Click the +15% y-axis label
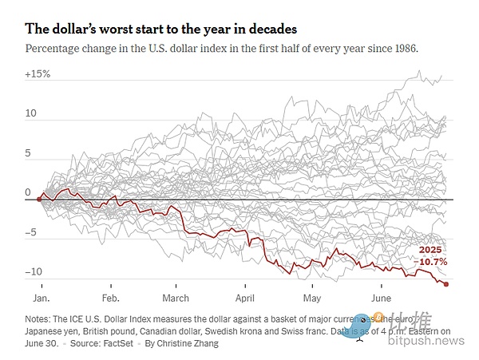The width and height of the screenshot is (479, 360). tap(38, 74)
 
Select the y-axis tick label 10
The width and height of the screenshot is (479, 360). tap(30, 114)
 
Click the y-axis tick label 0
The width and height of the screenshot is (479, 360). tap(28, 192)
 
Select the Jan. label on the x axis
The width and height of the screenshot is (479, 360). tap(42, 298)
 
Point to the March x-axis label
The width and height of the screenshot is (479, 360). tap(176, 298)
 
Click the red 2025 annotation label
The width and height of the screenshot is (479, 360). tap(430, 250)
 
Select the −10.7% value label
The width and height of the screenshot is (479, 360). tap(433, 261)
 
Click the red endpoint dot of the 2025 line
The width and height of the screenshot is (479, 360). tap(445, 284)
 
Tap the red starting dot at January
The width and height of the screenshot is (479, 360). tap(39, 198)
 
